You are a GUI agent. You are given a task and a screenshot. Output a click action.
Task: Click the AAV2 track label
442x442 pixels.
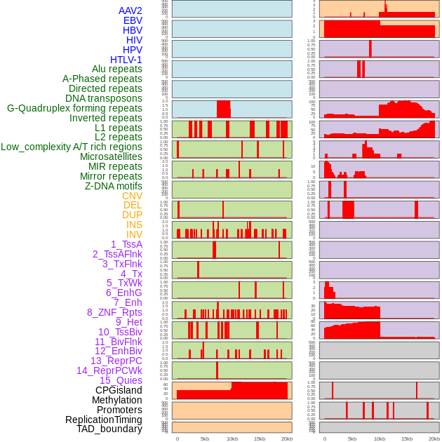coord(130,11)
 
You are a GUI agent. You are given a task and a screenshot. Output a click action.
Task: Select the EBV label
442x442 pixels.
coord(133,20)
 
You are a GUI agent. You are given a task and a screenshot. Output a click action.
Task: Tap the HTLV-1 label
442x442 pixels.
coord(126,60)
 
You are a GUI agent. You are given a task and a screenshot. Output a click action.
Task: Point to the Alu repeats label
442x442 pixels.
coord(117,69)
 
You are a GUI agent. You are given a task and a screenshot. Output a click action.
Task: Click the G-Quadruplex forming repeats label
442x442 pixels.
coord(74,108)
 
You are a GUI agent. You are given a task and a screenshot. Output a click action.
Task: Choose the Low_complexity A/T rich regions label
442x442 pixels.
coord(72,147)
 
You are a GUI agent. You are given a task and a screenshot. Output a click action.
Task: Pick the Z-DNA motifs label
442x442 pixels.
coord(114,186)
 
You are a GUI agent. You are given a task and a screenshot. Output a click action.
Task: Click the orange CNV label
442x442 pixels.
coord(132,196)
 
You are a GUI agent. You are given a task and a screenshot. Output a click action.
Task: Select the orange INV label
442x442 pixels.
coord(134,234)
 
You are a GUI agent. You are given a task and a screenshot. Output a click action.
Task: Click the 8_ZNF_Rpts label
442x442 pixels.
coord(114,312)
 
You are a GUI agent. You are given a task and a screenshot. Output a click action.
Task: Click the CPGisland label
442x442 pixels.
coord(119,390)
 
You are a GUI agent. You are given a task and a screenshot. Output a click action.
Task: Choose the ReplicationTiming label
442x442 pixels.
coord(104,420)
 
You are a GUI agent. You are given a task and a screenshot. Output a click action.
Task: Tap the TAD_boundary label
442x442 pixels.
coord(109,429)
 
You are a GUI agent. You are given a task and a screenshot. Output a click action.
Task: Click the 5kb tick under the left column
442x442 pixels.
coord(205,438)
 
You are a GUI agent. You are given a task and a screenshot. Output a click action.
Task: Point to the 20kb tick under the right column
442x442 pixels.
coord(434,438)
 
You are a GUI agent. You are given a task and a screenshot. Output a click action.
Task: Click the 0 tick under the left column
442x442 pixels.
coord(177,438)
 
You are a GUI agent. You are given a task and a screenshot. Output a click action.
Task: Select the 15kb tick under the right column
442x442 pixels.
coord(407,438)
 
